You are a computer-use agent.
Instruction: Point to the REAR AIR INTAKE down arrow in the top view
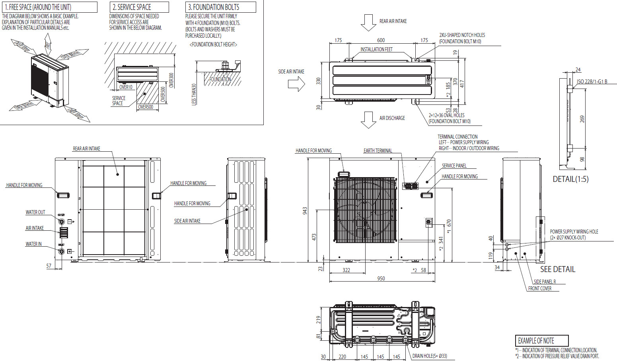coord(368,22)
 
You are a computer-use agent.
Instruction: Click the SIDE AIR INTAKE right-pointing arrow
coord(296,83)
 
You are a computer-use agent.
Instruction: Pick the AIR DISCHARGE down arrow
coord(368,120)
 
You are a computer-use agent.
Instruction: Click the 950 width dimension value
coord(381,278)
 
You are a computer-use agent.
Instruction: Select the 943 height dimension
coord(305,210)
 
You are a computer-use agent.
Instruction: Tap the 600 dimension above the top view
coord(381,40)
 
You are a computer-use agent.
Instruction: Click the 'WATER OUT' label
coord(35,212)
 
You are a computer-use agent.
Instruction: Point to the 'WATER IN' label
coord(33,244)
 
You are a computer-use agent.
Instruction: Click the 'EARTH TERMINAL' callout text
coord(378,151)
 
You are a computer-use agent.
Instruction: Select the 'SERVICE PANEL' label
coord(454,166)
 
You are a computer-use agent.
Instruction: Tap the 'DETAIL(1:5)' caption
coord(570,179)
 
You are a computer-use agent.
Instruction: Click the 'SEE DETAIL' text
coord(557,269)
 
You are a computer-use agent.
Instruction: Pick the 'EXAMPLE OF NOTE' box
coord(541,341)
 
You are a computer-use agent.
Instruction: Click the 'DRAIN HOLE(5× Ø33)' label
coord(429,356)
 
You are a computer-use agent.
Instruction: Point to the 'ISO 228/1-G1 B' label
coord(592,81)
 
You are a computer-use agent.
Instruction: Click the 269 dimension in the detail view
coord(582,119)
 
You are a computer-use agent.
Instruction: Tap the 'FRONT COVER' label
coord(539,288)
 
